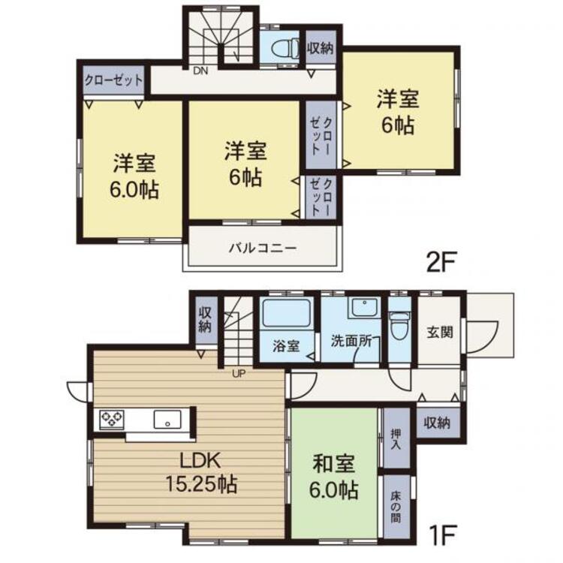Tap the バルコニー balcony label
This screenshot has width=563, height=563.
point(263,248)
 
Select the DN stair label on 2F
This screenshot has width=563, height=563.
point(200,71)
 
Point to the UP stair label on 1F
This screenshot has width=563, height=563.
point(239,374)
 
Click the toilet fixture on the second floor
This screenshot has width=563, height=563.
point(286,50)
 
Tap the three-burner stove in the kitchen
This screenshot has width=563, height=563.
point(112,420)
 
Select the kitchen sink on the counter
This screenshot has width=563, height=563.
point(167,420)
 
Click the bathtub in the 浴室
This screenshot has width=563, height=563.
point(286,313)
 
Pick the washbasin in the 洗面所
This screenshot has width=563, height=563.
point(364,308)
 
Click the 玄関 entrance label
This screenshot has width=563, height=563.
point(439,332)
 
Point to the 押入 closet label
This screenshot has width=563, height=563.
point(396,438)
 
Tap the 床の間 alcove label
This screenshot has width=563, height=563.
point(396,507)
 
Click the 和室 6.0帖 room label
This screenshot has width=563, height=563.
point(333,477)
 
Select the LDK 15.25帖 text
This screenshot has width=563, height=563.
point(201,472)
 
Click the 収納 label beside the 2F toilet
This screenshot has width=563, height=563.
point(321,48)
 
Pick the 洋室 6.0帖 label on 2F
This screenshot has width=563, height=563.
point(134,176)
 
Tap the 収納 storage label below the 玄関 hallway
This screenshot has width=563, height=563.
point(437,423)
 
